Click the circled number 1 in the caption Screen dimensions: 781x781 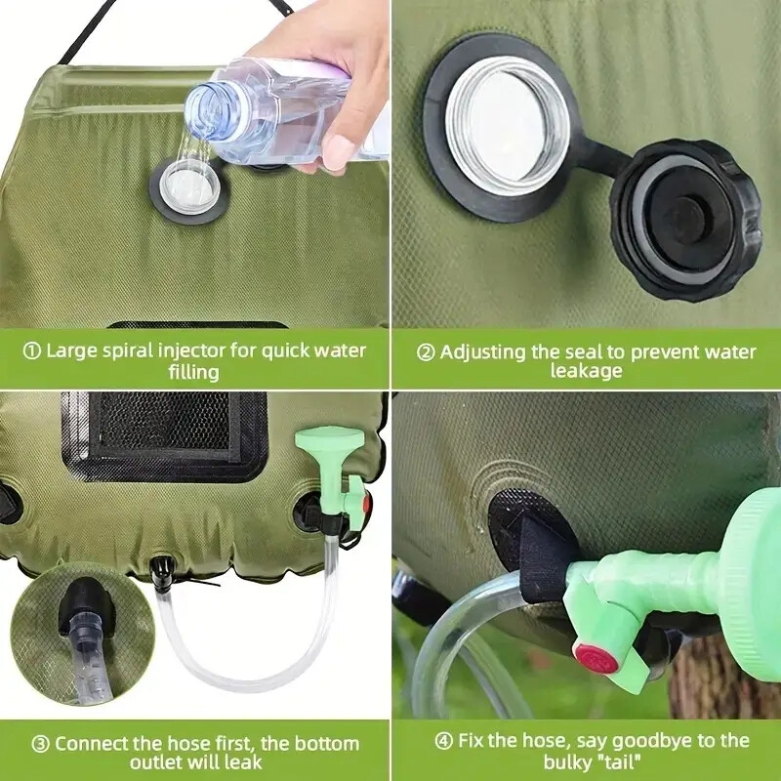[31, 350]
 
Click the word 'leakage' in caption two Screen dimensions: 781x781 [586, 372]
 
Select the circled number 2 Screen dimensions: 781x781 [426, 351]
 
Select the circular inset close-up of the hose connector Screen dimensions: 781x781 [73, 635]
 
